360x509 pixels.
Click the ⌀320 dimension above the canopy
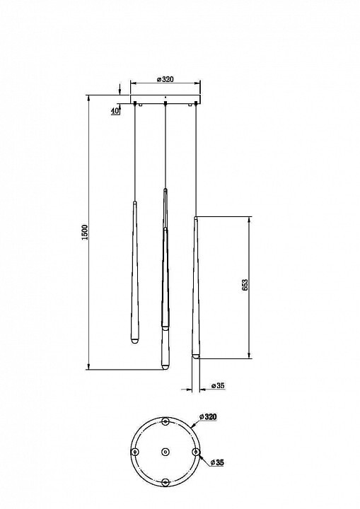point(166,79)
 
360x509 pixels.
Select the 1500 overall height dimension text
point(85,232)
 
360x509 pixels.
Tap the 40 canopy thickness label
point(115,111)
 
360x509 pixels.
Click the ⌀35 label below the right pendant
point(218,386)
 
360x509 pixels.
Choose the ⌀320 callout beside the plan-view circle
point(208,416)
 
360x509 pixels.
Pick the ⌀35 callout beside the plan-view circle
point(217,462)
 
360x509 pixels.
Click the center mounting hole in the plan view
point(166,452)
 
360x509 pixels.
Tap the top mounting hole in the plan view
point(166,421)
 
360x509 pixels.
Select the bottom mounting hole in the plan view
point(166,482)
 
